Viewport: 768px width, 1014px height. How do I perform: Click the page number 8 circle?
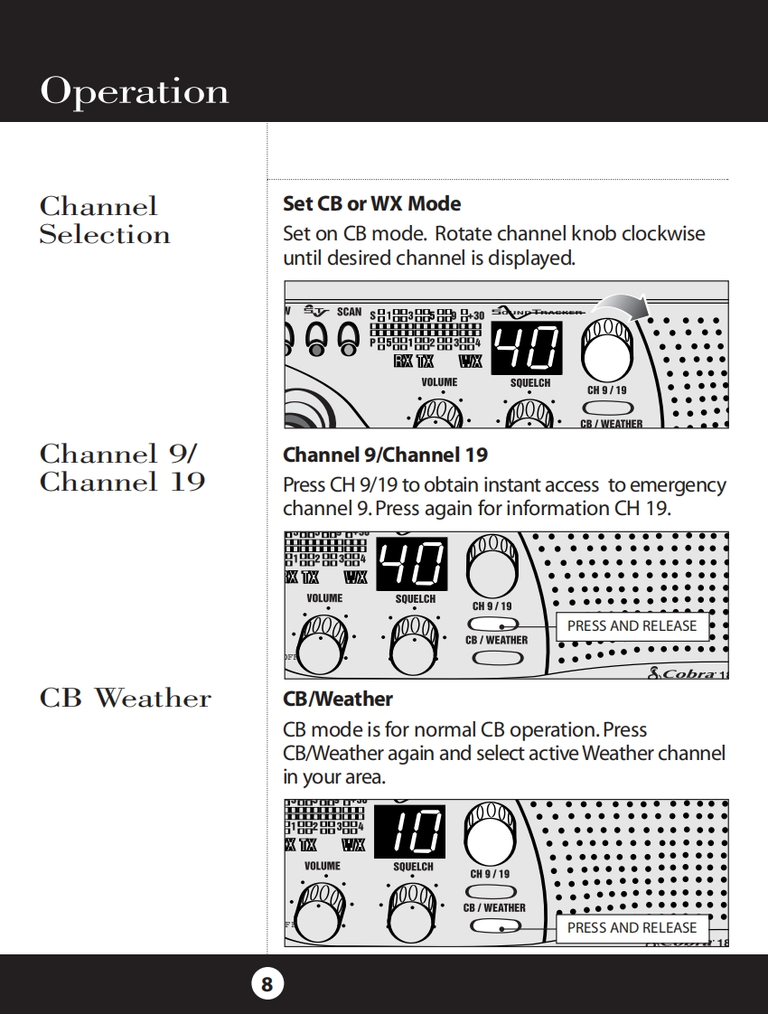coord(267,983)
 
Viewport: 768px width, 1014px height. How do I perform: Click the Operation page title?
coord(135,91)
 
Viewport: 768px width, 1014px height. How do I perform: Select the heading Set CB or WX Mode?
coord(371,203)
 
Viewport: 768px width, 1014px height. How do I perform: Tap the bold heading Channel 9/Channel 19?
coord(385,454)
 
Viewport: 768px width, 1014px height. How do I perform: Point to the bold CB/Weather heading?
coord(338,699)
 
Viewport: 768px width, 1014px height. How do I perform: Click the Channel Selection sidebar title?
coord(105,221)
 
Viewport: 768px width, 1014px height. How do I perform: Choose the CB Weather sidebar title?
coord(126,698)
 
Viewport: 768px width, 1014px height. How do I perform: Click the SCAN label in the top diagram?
coord(349,312)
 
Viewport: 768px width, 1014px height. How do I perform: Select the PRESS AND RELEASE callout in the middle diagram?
coord(632,625)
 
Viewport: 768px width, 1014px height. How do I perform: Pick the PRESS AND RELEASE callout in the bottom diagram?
coord(632,927)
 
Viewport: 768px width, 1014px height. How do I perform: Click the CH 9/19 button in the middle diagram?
coord(492,624)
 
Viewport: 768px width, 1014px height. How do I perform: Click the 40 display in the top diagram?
coord(526,348)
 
